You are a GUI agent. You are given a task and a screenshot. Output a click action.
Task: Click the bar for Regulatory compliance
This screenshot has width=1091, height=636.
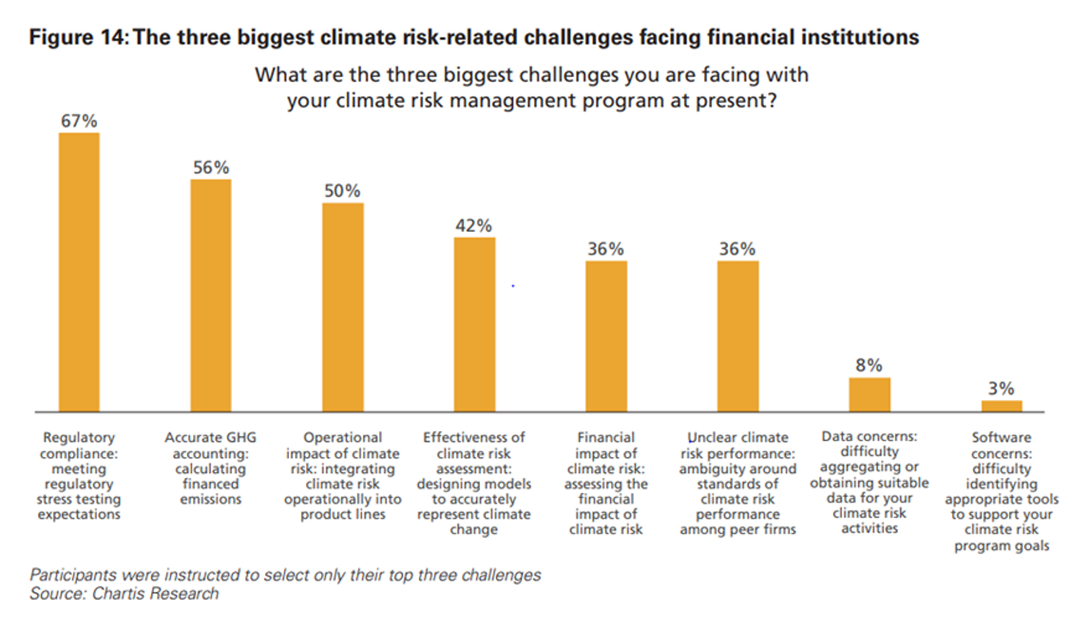pos(79,273)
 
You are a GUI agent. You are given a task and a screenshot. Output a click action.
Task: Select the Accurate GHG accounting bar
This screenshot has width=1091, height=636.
pos(211,296)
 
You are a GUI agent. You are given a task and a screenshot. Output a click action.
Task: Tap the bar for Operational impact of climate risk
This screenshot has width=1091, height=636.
pos(342,308)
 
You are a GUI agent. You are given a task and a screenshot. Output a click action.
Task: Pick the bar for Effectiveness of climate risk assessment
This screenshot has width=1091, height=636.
pos(474,325)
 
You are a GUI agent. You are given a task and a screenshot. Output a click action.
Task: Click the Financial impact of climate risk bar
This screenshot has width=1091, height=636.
pos(606,337)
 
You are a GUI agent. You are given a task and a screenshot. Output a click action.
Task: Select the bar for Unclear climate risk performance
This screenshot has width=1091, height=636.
pos(738,337)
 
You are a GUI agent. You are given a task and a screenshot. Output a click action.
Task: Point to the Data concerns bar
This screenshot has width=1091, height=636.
pos(869,394)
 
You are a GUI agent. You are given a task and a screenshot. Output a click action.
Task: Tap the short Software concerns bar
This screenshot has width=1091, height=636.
pos(1001,406)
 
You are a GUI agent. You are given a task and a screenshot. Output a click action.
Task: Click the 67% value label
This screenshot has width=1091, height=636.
pos(79,121)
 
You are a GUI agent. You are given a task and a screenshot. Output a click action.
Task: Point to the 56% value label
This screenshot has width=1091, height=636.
pos(211,167)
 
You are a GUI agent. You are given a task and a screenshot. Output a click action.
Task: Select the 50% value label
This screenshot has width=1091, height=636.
pos(342,191)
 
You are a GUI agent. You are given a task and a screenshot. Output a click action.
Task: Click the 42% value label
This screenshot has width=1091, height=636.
pos(474,226)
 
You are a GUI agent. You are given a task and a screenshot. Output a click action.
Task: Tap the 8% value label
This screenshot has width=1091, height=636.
pos(869,365)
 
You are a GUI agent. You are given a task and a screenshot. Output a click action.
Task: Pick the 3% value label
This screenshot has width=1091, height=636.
pos(1001,389)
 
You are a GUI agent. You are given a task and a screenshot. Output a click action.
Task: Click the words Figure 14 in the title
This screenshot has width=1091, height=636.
pos(78,37)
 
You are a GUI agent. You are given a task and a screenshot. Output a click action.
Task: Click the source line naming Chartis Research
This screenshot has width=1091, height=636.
pos(124,594)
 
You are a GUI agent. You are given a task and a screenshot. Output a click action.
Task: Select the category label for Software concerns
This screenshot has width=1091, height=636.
pos(1001,491)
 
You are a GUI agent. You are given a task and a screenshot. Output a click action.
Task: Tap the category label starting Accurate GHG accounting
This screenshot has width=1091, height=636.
pos(211,468)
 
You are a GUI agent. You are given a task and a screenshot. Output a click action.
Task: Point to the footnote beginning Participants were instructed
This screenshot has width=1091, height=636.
pos(285,575)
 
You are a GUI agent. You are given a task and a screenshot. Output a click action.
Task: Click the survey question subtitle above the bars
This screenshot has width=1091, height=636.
pos(532,87)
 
